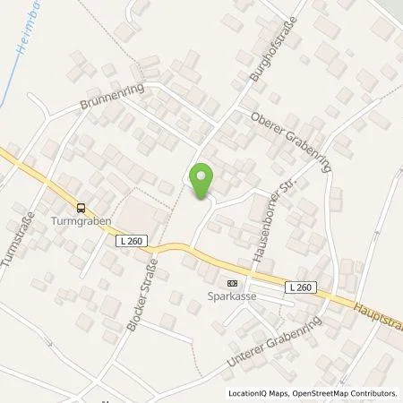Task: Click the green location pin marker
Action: [202, 182]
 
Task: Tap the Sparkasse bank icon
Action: [233, 281]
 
